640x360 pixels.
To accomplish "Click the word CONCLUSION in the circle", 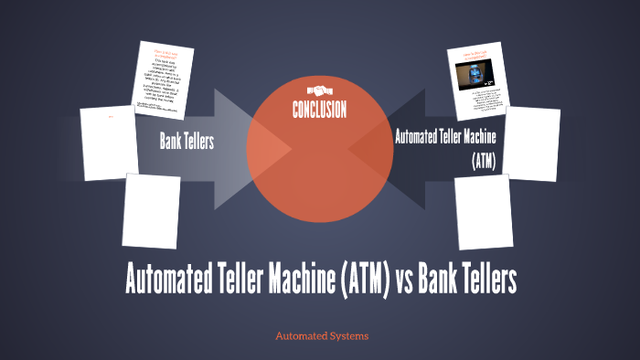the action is (319, 111).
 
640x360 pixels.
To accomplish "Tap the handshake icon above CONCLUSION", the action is (319, 91).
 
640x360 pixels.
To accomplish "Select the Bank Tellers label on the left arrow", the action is (187, 141).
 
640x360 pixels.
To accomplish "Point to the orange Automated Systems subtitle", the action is (322, 336).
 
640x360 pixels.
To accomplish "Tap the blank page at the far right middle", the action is (533, 143).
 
